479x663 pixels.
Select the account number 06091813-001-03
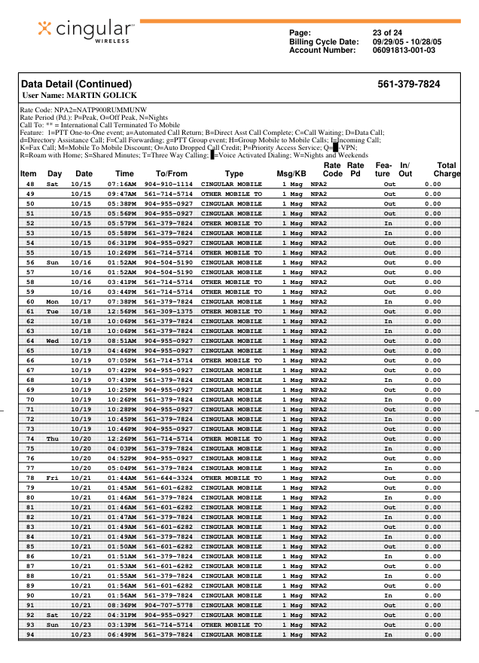coord(404,50)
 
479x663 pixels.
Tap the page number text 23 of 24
coord(387,32)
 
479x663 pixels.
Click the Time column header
coord(124,174)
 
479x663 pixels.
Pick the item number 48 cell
coord(30,184)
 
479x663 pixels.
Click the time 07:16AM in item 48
coord(122,184)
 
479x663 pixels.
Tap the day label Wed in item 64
coord(53,341)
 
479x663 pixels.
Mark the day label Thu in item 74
coord(53,438)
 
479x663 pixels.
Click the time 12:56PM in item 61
coord(122,311)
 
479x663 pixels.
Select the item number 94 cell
coord(30,634)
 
